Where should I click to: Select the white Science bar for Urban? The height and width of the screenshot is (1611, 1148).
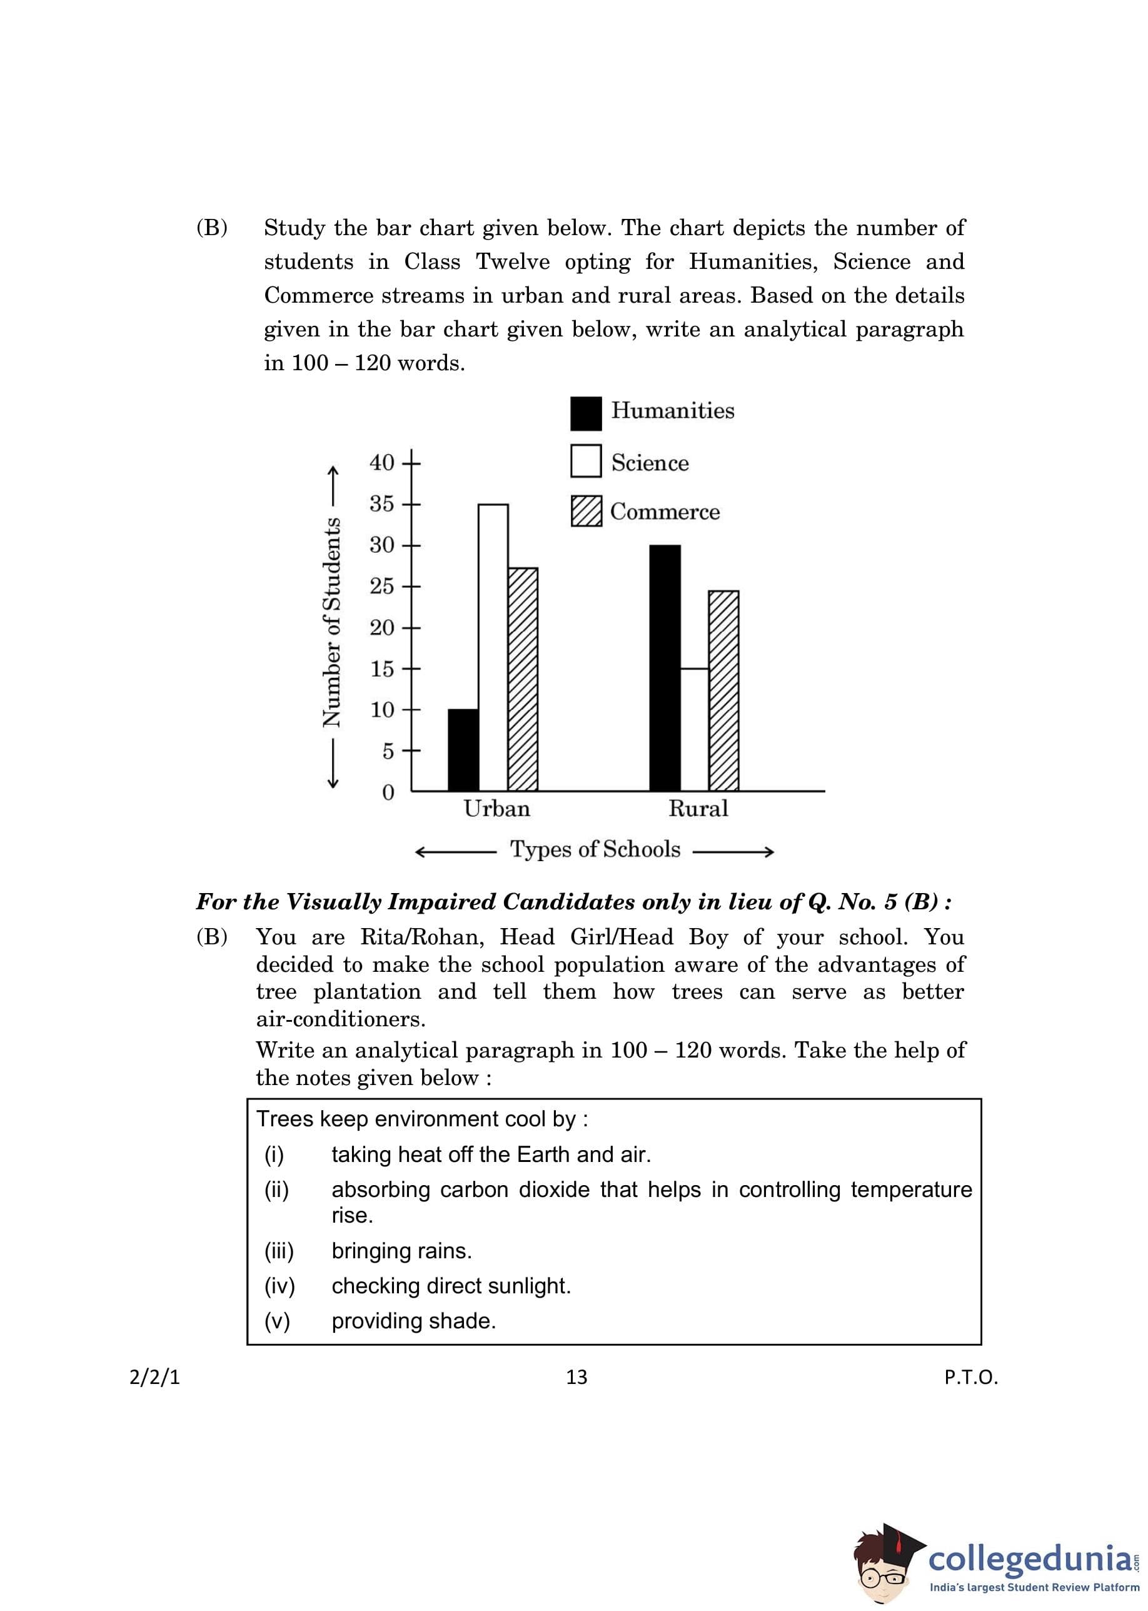coord(493,647)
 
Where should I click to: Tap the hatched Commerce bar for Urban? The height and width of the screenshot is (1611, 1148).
coord(522,679)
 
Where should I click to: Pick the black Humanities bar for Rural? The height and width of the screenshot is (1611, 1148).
coord(665,667)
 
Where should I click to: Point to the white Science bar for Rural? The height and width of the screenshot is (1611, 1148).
coord(694,729)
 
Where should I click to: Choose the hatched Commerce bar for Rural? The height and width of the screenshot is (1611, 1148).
coord(723,690)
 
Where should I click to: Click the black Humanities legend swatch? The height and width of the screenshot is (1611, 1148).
coord(585,413)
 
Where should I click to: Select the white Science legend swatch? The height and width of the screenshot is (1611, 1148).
coord(585,461)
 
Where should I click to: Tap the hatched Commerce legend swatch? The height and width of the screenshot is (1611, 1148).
coord(585,510)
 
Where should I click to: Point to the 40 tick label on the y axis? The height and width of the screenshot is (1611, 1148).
coord(381,462)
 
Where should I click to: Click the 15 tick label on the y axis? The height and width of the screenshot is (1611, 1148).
coord(381,669)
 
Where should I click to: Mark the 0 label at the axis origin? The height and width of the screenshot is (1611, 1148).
coord(388,792)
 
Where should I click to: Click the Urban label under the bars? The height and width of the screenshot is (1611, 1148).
coord(496,809)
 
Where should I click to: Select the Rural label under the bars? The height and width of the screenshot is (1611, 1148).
coord(698,809)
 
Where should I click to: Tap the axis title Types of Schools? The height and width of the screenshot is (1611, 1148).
coord(595,849)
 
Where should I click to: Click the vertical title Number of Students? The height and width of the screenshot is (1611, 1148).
coord(331,622)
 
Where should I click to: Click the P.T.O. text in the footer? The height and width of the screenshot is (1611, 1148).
coord(970,1377)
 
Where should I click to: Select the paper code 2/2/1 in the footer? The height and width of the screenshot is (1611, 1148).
coord(155,1377)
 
